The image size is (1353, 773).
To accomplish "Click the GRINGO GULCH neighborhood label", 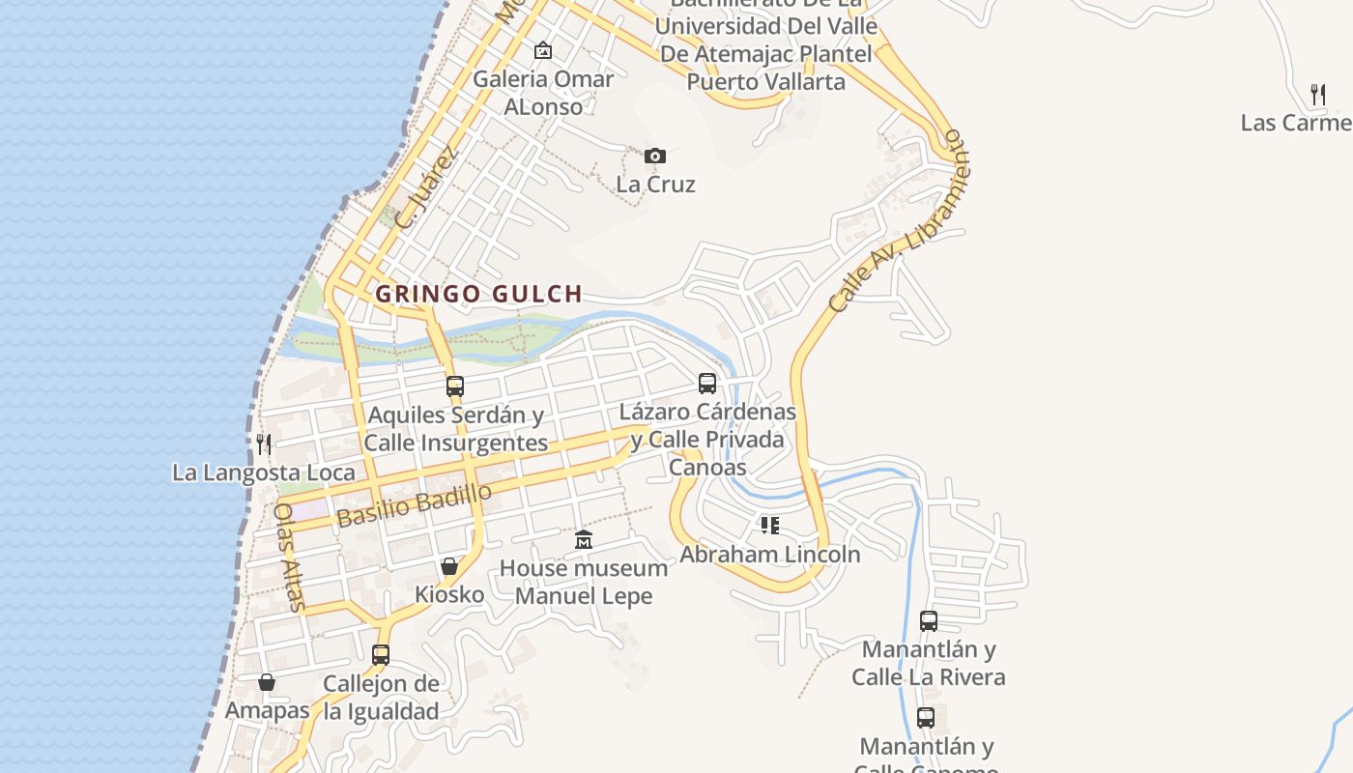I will pyautogui.click(x=478, y=294).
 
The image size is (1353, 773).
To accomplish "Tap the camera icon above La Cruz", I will pyautogui.click(x=655, y=156).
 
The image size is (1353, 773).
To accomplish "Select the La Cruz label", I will pyautogui.click(x=655, y=184).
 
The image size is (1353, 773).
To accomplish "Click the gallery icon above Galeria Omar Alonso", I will pyautogui.click(x=543, y=50).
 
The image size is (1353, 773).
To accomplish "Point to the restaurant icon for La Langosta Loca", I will pyautogui.click(x=263, y=444).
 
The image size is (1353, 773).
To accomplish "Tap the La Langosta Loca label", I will pyautogui.click(x=263, y=472).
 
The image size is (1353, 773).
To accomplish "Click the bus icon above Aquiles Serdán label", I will pyautogui.click(x=455, y=386).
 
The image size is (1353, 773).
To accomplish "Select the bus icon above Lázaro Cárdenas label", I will pyautogui.click(x=707, y=384).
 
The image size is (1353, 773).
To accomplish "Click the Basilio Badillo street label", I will pyautogui.click(x=415, y=504).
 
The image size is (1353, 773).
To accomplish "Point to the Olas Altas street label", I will pyautogui.click(x=289, y=558).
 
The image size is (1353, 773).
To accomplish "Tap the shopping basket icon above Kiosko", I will pyautogui.click(x=449, y=566).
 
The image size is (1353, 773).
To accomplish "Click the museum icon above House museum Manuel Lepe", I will pyautogui.click(x=584, y=539).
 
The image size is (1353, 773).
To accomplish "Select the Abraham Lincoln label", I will pyautogui.click(x=769, y=554).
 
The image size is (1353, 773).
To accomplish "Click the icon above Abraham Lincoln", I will pyautogui.click(x=769, y=526).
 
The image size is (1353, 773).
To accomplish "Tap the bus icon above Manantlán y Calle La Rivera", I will pyautogui.click(x=929, y=621).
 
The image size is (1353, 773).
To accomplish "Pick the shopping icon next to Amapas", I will pyautogui.click(x=267, y=682).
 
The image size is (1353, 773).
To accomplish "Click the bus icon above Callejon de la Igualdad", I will pyautogui.click(x=381, y=655).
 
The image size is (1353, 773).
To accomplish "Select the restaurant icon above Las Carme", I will pyautogui.click(x=1317, y=94).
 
